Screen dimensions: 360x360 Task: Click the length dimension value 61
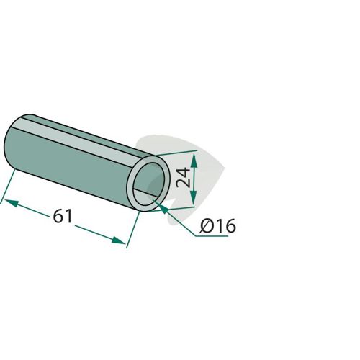coord(63,216)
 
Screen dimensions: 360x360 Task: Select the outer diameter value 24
coord(183,178)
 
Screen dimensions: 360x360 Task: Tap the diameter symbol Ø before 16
coord(207,226)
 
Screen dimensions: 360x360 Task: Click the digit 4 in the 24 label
coord(183,173)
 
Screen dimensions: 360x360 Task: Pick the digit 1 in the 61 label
coord(68,216)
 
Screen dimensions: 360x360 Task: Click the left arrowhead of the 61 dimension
coord(12,203)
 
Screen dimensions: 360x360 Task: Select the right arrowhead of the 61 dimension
coord(119,240)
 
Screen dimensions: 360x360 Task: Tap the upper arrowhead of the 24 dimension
coord(194,161)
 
